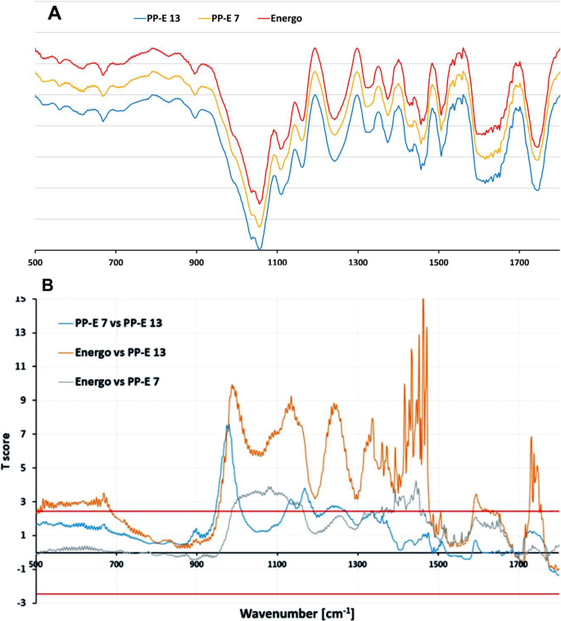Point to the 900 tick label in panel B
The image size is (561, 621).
coord(197,564)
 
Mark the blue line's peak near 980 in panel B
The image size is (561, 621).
coord(228,425)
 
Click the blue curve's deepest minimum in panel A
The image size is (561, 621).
coord(259,247)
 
